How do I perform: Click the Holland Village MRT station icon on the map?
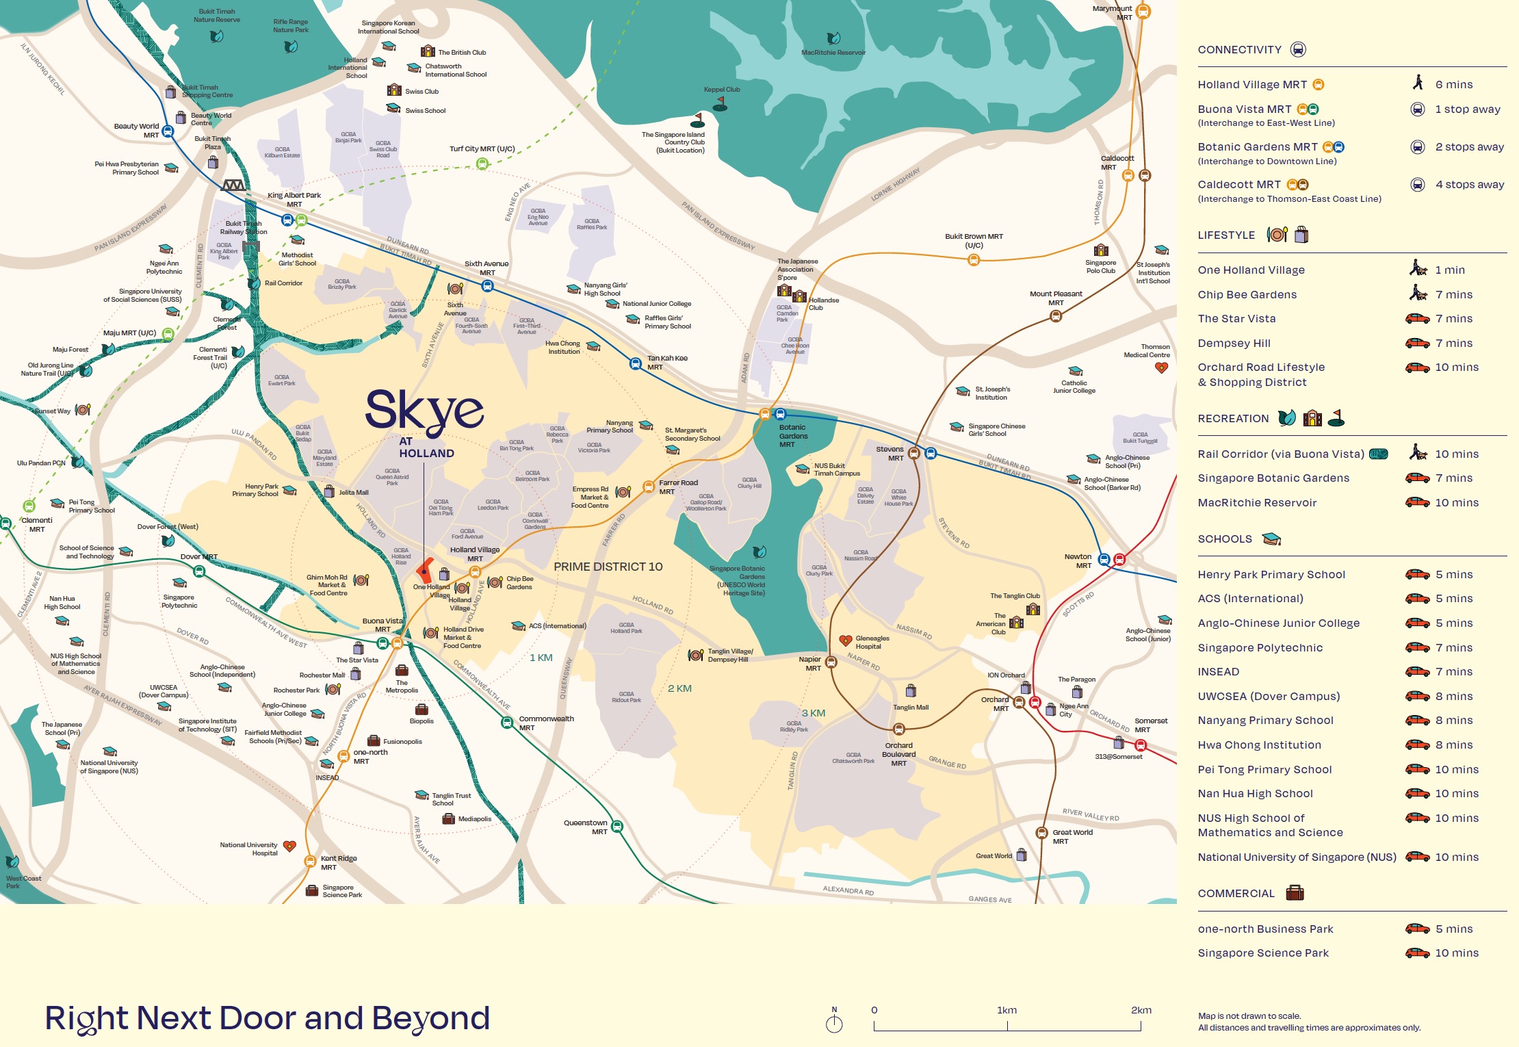pos(475,572)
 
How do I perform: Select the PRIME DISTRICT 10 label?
pos(608,567)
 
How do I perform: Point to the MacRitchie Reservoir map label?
pos(833,53)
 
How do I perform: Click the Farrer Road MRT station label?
pos(677,487)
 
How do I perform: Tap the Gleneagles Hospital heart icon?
pos(846,641)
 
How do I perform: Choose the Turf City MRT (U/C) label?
pos(482,148)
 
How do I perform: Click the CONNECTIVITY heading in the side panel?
pos(1239,49)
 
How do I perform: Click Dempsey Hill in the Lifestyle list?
pos(1234,343)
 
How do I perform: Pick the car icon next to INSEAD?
pos(1417,671)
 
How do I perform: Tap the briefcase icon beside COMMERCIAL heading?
pos(1295,892)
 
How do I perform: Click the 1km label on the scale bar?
pos(1007,1010)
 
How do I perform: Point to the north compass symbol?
pos(834,1022)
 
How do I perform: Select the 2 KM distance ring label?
pos(679,688)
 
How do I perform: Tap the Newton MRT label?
pos(1078,560)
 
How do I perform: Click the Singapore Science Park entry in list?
pos(1262,953)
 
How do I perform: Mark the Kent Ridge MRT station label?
pos(338,862)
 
